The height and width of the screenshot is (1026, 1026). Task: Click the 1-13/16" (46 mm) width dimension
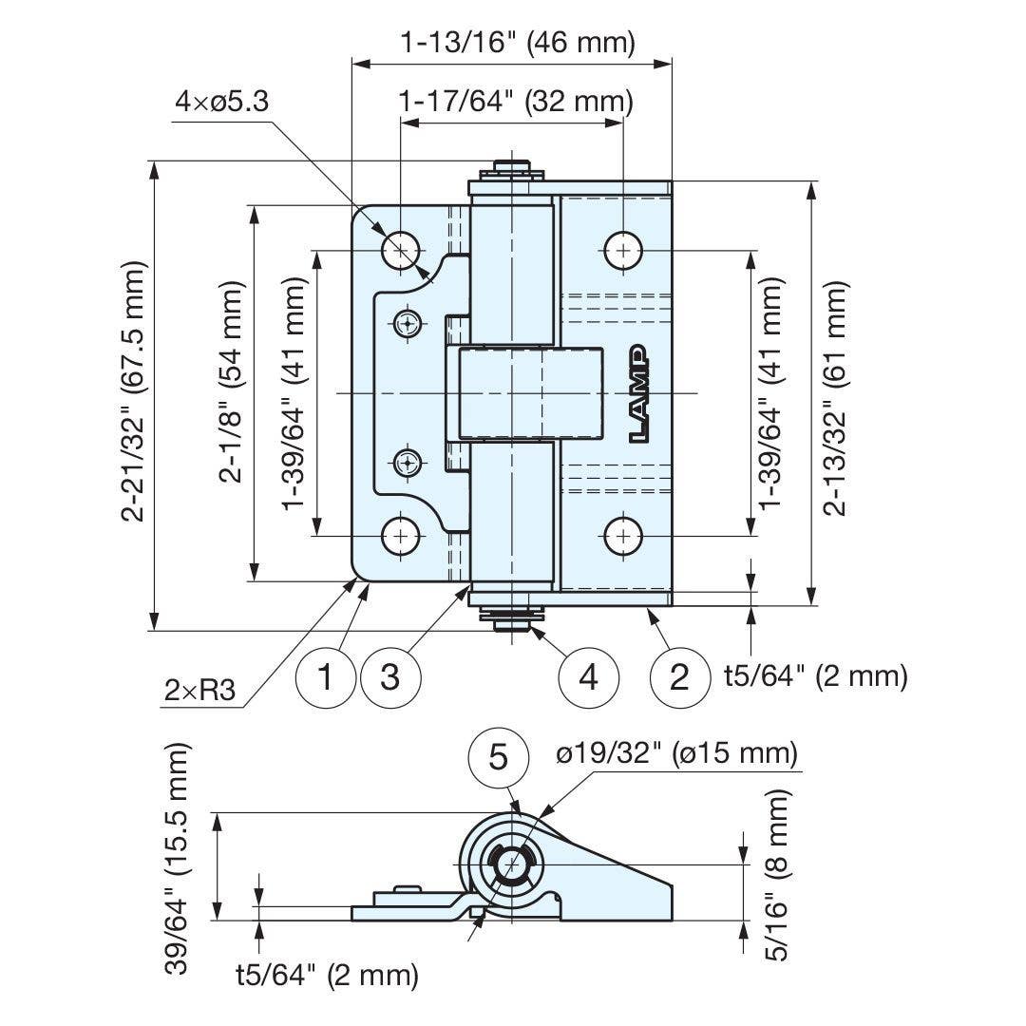click(x=516, y=43)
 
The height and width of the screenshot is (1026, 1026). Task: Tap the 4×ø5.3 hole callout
click(x=222, y=101)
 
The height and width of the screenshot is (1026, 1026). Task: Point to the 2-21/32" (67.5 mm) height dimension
click(x=134, y=391)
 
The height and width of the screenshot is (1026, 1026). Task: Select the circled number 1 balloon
click(x=326, y=678)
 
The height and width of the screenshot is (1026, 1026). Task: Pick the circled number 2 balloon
click(x=680, y=678)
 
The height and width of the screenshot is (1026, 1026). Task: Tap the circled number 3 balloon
click(x=389, y=678)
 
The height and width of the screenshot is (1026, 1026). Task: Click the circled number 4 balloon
click(x=589, y=678)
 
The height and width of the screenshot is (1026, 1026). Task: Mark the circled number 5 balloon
click(x=499, y=757)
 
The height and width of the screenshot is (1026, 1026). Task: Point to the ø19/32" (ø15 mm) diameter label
click(x=675, y=753)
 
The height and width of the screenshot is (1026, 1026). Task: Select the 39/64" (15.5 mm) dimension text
click(x=178, y=858)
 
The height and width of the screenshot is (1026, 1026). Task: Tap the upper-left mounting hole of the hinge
click(x=401, y=250)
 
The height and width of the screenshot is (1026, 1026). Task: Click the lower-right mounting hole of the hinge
click(x=622, y=536)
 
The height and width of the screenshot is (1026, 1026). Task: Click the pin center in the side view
click(x=512, y=865)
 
